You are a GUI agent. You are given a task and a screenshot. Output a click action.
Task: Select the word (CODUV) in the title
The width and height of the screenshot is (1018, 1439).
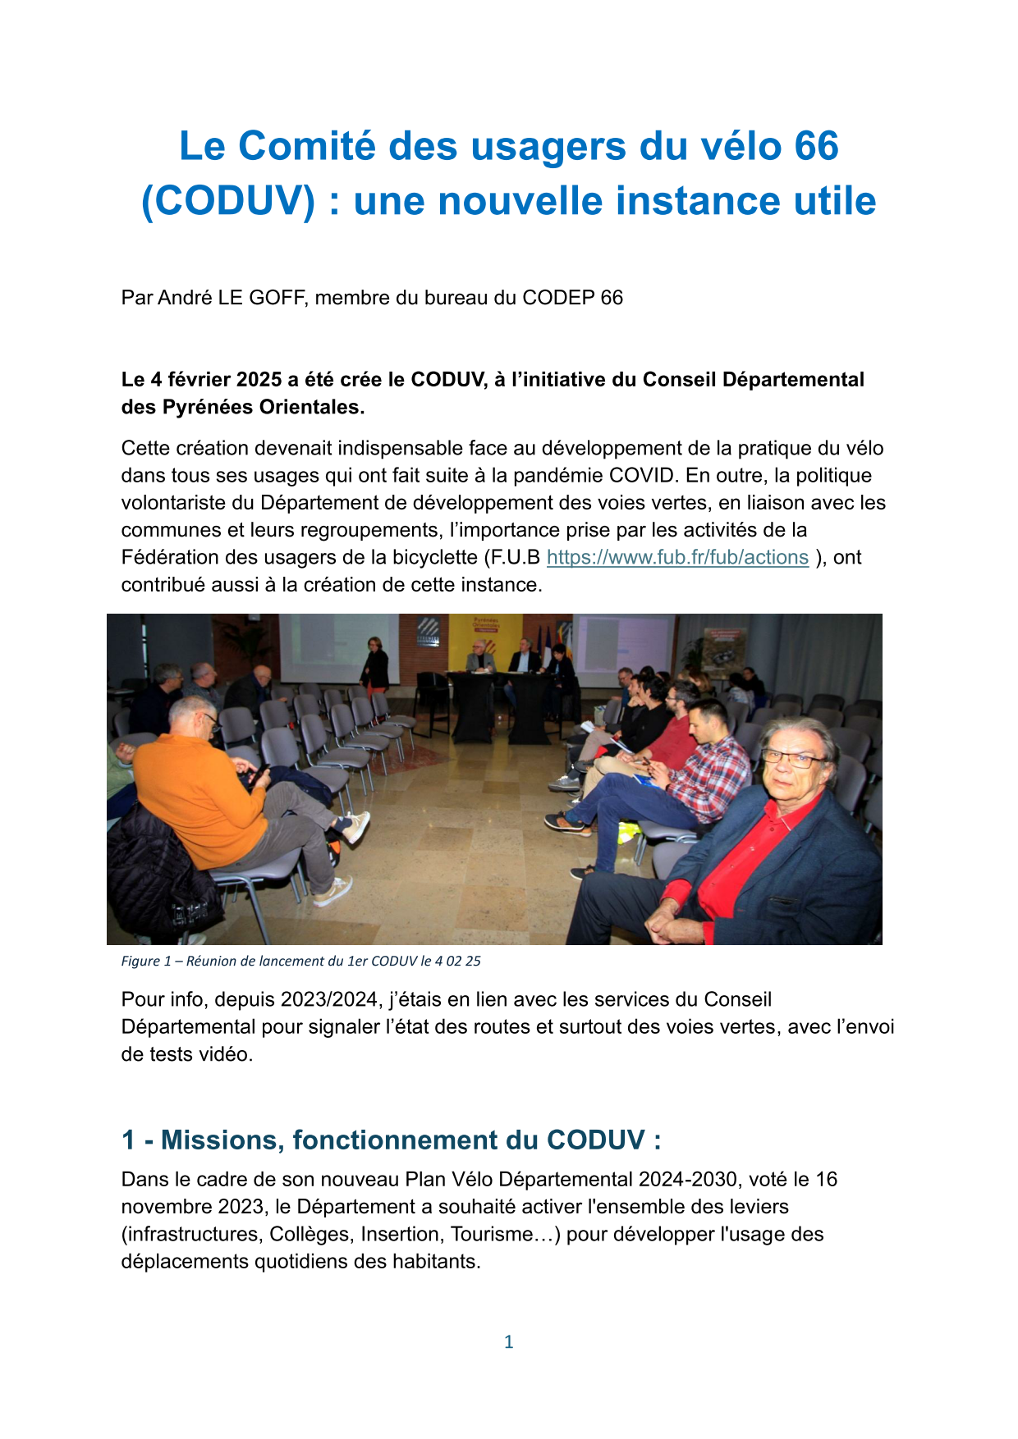pos(227,202)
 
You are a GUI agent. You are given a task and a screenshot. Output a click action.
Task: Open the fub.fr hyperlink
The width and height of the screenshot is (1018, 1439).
pos(677,558)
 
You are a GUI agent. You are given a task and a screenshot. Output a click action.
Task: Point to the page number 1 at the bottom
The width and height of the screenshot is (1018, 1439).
pos(508,1341)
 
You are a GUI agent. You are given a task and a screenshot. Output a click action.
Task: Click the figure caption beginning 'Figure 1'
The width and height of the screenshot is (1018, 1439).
pos(300,961)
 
